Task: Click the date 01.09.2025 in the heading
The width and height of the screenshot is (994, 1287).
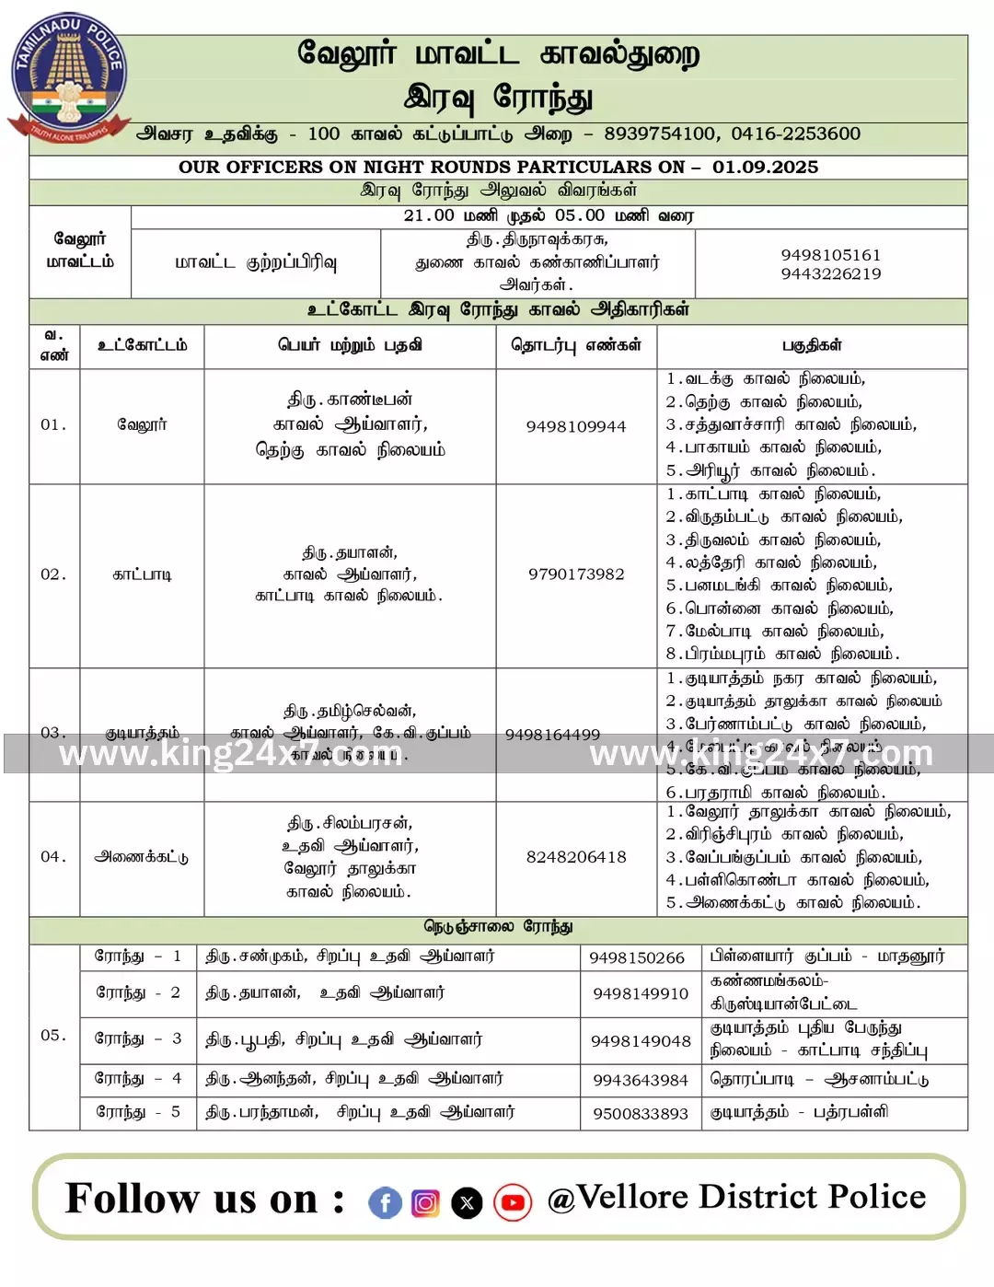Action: pos(765,167)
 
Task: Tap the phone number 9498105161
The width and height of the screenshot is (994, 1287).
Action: pos(830,254)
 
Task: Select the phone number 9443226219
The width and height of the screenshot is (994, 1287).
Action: pos(830,273)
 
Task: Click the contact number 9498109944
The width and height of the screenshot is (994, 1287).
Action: pos(576,426)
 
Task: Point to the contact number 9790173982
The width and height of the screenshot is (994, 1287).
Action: pos(576,574)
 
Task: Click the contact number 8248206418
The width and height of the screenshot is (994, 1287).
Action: pos(576,857)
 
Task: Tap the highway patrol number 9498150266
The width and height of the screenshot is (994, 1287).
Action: pos(637,957)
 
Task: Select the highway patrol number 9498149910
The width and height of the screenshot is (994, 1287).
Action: pos(641,993)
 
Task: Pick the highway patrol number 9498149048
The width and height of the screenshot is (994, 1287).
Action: pos(641,1040)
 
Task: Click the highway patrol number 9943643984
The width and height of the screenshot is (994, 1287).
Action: pos(641,1080)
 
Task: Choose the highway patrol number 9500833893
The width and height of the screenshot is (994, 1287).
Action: pos(641,1113)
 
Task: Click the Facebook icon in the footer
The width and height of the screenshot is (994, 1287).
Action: pos(385,1202)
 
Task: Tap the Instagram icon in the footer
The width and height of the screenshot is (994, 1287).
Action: pos(425,1202)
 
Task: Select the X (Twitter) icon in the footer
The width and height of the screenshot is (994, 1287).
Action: pos(468,1202)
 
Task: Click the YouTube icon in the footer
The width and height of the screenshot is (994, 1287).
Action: pos(513,1202)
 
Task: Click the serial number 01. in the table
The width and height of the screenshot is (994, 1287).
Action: pos(53,424)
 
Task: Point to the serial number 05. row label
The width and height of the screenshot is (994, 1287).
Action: pos(53,1035)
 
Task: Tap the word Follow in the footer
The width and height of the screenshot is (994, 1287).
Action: pos(133,1199)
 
